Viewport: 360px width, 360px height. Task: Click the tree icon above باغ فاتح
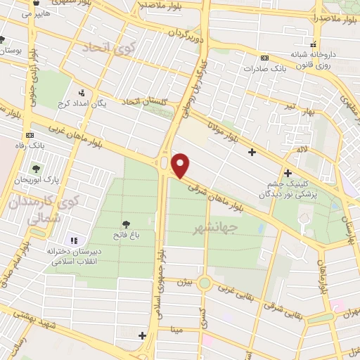(126, 223)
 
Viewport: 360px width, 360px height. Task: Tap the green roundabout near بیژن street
(205, 283)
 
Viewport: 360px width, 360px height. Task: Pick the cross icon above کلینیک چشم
(287, 173)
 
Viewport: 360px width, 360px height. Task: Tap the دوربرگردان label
(188, 34)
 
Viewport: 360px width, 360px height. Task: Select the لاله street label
(302, 149)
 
